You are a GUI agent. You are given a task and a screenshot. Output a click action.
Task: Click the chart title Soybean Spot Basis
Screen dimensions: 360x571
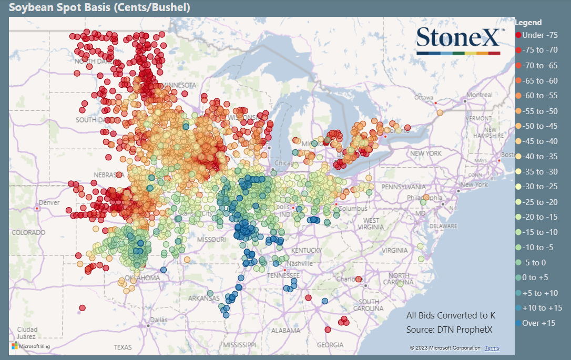click(99, 7)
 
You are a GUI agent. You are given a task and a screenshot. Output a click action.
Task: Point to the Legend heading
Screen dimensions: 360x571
click(528, 23)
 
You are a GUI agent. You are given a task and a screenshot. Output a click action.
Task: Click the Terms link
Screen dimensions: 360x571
click(492, 348)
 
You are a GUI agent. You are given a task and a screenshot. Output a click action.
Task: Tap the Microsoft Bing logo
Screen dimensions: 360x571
click(30, 346)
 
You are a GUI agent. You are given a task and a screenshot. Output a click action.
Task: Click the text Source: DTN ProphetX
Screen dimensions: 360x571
click(451, 330)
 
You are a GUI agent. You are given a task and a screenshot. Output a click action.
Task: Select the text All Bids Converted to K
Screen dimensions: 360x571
click(451, 315)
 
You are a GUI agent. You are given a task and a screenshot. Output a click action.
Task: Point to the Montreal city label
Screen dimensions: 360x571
click(480, 95)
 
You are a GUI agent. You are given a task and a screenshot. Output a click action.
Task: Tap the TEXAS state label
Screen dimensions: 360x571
click(123, 347)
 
